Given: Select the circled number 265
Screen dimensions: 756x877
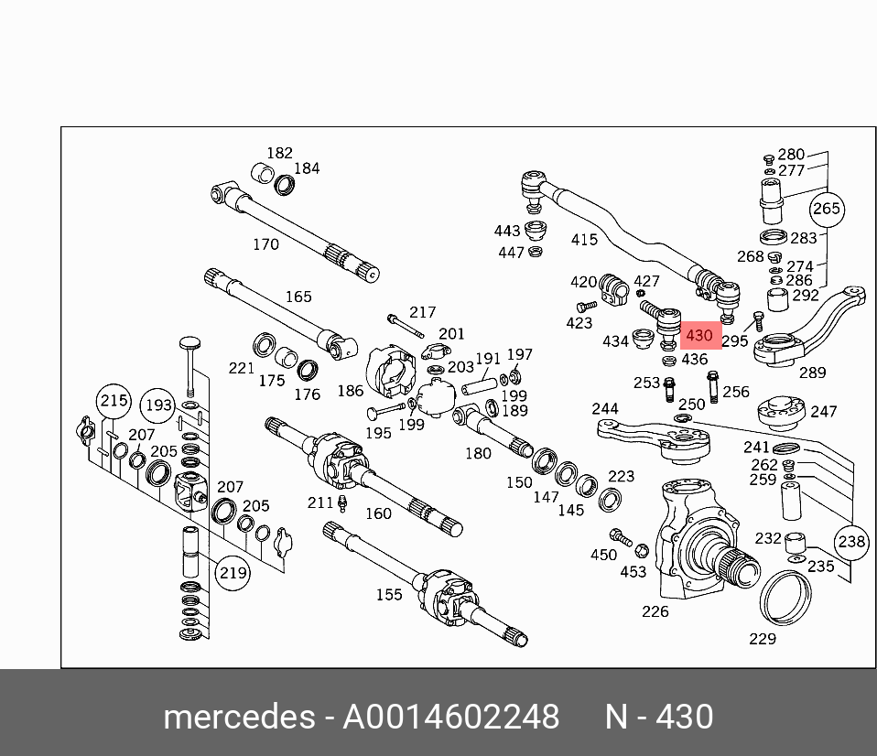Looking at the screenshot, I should point(826,209).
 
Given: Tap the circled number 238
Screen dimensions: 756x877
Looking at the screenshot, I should point(851,542).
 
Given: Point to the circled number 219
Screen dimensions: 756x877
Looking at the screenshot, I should point(233,573).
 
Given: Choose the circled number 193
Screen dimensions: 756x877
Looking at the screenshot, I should point(157,405).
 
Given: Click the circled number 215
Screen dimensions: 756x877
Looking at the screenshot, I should point(114,400).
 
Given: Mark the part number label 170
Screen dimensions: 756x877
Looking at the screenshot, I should point(265,244).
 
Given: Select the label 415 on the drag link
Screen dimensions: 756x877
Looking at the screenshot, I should point(584,240).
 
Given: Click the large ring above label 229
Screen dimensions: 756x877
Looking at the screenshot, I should point(786,597).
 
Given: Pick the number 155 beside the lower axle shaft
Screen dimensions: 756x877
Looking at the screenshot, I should point(388,595).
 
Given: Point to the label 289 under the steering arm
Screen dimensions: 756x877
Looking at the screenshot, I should point(812,373).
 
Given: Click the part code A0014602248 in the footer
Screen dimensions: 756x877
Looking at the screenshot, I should point(450,717).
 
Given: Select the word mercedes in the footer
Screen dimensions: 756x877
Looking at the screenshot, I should point(239,717).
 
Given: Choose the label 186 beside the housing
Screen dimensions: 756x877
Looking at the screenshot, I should point(350,391).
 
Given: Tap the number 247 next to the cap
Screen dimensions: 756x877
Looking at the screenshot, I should point(824,412).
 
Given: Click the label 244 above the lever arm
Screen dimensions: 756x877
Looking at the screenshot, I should point(604,408).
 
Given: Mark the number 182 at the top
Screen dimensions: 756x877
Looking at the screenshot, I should point(279,153).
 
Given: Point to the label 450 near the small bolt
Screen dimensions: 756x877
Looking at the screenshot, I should point(603,555).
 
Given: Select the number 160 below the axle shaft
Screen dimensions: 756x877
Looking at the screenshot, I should point(378,513).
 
